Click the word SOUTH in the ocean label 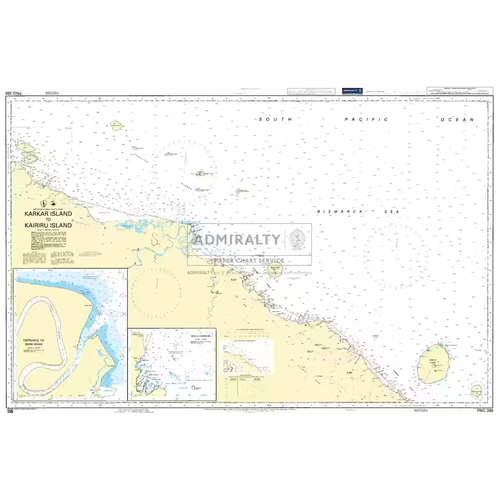(x=275, y=119)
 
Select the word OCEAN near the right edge (x=457, y=120)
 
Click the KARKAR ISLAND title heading (x=48, y=214)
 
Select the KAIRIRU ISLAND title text (x=48, y=225)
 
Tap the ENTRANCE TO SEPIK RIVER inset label (x=34, y=342)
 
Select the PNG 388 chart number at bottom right (x=485, y=411)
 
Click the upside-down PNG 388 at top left (x=15, y=93)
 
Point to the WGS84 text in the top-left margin (x=52, y=93)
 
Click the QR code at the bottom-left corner (x=9, y=410)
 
